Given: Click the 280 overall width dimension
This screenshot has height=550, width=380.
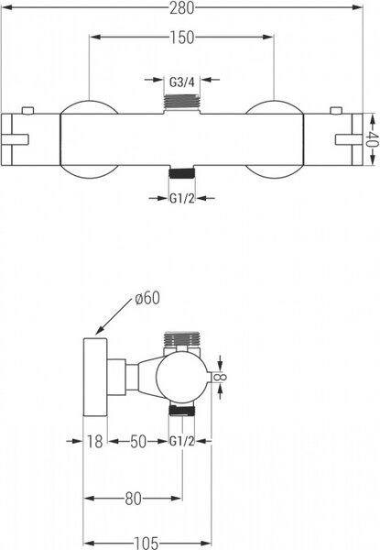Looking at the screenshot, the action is pos(182,8).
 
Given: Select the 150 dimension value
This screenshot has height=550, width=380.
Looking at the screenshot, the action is pos(182,38).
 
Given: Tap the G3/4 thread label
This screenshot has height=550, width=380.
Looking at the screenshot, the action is pos(182,82).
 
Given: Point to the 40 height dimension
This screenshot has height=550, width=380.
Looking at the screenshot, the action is pos(374,139).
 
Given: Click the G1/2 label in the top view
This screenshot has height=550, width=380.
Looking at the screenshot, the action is pos(182,199).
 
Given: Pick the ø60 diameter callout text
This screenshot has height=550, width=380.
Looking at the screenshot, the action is pos(147,298).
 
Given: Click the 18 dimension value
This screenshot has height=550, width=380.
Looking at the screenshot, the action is pos(94,441).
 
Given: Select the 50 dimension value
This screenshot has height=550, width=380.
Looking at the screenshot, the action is pos(138,441).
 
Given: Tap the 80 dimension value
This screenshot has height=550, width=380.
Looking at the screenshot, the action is pos(133,499).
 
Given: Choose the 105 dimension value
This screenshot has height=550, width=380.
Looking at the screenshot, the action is pos(146,544).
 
